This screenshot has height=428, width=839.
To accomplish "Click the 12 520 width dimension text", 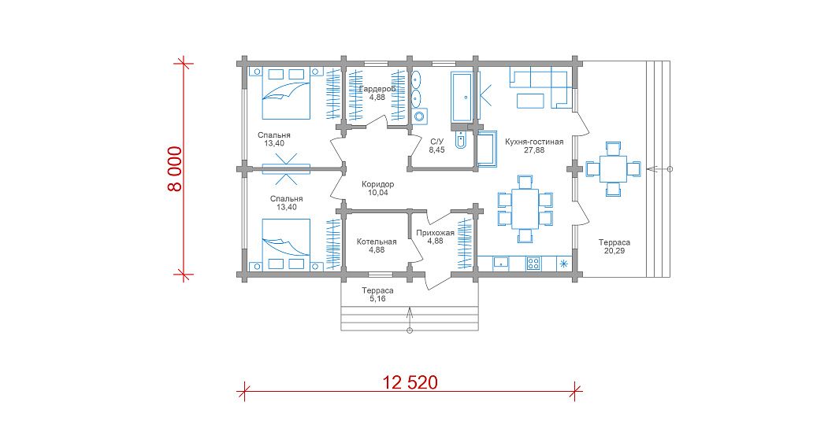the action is coord(410,382).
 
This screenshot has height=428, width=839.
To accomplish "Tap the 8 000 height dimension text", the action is coord(174,169).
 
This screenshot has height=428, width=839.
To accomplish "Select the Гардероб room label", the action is coord(377,89).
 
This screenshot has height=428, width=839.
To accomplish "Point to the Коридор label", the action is coord(378,184).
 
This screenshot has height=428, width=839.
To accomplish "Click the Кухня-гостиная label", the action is coord(534,142).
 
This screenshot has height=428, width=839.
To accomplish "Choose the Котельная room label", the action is coord(377,242).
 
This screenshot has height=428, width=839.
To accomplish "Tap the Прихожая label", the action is coord(435,232).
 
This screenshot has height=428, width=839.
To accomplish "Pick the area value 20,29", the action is coord(614,251).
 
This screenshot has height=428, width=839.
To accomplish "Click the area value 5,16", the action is coord(377,299).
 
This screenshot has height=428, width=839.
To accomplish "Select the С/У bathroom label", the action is coord(437,142).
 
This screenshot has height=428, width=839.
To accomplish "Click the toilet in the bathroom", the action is coord(461,139).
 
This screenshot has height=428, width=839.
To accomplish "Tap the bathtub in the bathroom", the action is coord(461,97).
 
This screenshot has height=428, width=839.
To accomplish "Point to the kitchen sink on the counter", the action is coord(501,263).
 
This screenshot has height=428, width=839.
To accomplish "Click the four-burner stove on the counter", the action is coord(533,263).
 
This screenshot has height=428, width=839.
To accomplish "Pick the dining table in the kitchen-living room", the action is coord(525,208).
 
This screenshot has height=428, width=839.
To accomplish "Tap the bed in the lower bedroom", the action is coord(286,244).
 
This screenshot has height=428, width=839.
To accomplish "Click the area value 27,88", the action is coord(534,150).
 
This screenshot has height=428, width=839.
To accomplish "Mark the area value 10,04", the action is coord(378,192).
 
